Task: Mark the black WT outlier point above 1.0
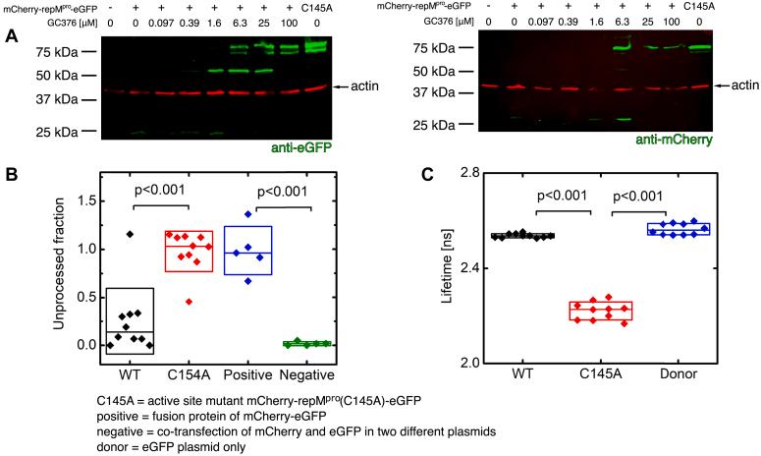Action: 129,234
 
